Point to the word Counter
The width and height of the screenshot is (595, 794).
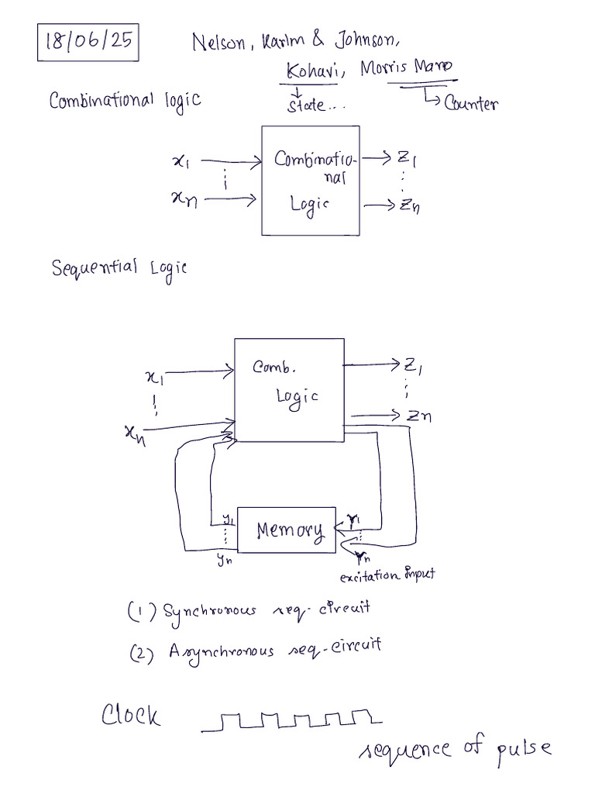pos(470,105)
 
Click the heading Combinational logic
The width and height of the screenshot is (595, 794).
pos(124,101)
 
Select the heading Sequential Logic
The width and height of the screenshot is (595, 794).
pos(119,268)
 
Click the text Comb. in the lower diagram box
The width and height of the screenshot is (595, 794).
pos(274,368)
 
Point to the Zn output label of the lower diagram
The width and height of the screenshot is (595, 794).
pos(419,416)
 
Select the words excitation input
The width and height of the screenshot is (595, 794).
pos(387,575)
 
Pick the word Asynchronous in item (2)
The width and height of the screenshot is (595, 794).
pos(222,650)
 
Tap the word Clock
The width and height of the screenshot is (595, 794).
pos(131,714)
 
